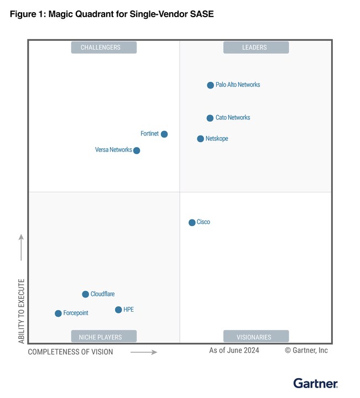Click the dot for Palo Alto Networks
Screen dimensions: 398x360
210,85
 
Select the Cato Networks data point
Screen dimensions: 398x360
210,118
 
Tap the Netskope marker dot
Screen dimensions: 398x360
201,139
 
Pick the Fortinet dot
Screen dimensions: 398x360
164,134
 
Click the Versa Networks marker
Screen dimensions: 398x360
137,150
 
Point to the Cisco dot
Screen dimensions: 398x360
192,222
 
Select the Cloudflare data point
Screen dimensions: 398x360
85,294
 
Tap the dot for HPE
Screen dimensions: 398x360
118,310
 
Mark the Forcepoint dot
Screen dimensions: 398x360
58,313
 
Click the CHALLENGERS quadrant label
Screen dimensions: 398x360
103,48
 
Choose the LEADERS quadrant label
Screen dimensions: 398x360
255,48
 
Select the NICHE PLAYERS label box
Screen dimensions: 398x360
103,337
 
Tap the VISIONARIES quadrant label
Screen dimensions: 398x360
255,337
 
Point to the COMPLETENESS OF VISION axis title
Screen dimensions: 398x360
71,352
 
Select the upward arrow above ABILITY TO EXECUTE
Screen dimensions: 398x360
22,247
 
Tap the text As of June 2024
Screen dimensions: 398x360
234,350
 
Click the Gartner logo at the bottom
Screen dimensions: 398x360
315,383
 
